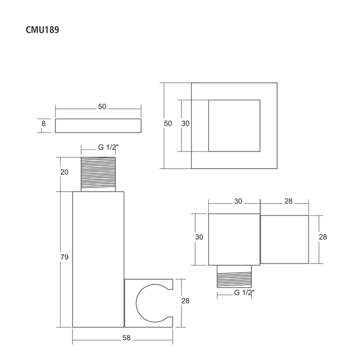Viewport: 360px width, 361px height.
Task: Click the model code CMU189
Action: pyautogui.click(x=43, y=30)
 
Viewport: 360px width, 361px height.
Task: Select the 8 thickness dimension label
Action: pyautogui.click(x=44, y=123)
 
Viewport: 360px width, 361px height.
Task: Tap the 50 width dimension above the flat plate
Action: pyautogui.click(x=102, y=107)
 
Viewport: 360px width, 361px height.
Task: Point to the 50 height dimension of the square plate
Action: pyautogui.click(x=168, y=123)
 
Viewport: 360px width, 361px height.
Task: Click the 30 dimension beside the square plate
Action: pyautogui.click(x=185, y=123)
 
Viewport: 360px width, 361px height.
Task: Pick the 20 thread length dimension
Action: pyautogui.click(x=65, y=172)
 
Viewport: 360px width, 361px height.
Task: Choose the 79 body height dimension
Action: pyautogui.click(x=65, y=257)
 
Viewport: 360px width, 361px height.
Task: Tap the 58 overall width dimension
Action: pyautogui.click(x=126, y=338)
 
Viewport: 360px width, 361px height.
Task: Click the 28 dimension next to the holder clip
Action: pyautogui.click(x=185, y=301)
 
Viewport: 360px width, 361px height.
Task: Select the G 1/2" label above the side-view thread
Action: pyautogui.click(x=108, y=147)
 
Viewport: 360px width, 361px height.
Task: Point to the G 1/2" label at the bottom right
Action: pyautogui.click(x=244, y=293)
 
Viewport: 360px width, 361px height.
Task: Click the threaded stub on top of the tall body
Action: pyautogui.click(x=98, y=174)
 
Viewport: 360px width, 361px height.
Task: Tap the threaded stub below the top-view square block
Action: pyautogui.click(x=234, y=276)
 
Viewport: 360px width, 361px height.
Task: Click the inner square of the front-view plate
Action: pyautogui.click(x=234, y=126)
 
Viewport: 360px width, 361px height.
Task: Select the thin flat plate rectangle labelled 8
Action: pyautogui.click(x=98, y=126)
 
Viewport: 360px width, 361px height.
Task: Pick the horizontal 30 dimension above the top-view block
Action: pyautogui.click(x=238, y=201)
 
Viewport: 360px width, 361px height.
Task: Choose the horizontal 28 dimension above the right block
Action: pyautogui.click(x=288, y=201)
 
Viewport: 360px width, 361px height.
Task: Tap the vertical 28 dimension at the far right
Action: pyautogui.click(x=323, y=237)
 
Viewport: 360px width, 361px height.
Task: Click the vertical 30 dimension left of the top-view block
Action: pyautogui.click(x=199, y=237)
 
